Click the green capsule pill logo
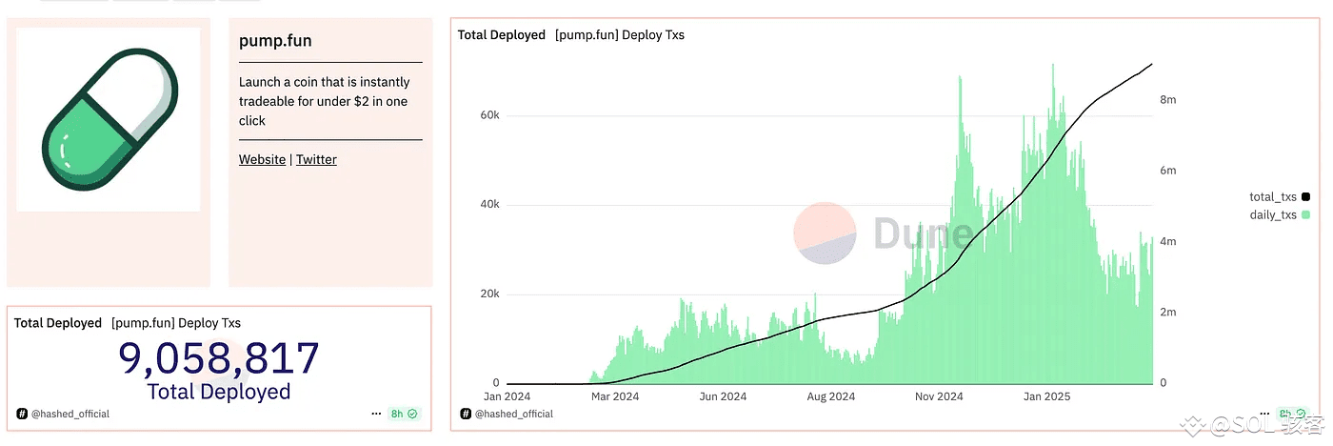coord(109,119)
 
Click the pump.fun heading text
coord(275,41)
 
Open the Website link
coord(262,159)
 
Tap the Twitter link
coord(316,159)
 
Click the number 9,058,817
coord(219,358)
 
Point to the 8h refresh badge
coord(404,414)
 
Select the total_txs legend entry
coord(1274,196)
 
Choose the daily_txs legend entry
coord(1274,214)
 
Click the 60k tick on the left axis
coord(489,115)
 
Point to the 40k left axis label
coord(489,205)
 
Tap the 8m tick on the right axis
coord(1167,99)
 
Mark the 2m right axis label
coord(1167,312)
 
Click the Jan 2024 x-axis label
coord(507,396)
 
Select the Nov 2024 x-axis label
coord(939,396)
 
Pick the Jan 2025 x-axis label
coord(1046,396)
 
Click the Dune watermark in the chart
coord(881,233)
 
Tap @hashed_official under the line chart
coord(514,414)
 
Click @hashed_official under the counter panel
coord(70,414)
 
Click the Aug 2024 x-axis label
coord(830,396)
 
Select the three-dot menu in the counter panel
coord(377,414)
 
